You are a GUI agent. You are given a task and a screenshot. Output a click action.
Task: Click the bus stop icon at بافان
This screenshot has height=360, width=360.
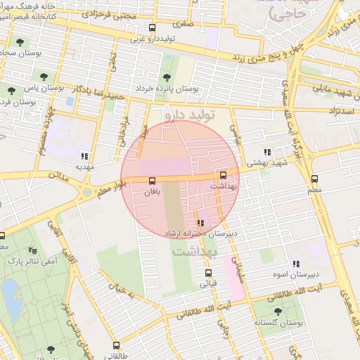(153, 181)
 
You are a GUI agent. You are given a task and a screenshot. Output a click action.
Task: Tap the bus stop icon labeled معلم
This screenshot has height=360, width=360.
(314, 179)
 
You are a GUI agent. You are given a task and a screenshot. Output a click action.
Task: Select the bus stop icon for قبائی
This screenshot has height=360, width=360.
(208, 273)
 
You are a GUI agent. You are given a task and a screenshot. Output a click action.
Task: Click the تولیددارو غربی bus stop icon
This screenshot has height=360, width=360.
(153, 28)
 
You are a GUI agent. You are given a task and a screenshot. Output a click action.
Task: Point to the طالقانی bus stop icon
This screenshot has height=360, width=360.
(116, 345)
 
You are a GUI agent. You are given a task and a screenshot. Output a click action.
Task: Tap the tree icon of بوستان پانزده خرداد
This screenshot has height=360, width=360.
(167, 77)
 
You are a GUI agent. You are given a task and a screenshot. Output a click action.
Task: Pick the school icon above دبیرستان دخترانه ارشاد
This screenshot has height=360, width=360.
(201, 222)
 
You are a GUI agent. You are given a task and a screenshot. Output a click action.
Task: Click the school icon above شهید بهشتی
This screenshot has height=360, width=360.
(267, 152)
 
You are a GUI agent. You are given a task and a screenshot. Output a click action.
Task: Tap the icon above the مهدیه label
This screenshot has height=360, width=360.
(84, 156)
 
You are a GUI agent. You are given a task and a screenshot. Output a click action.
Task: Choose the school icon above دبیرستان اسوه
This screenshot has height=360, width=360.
(296, 264)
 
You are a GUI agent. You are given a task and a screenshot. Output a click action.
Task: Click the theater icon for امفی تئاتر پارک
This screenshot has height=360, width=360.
(32, 250)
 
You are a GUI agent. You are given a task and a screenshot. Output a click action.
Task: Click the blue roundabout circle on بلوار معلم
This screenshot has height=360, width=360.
(86, 192)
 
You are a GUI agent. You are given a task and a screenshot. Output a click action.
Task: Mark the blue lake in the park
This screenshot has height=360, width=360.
(10, 291)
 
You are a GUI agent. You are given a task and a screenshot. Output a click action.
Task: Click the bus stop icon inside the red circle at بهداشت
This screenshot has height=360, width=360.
(224, 175)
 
